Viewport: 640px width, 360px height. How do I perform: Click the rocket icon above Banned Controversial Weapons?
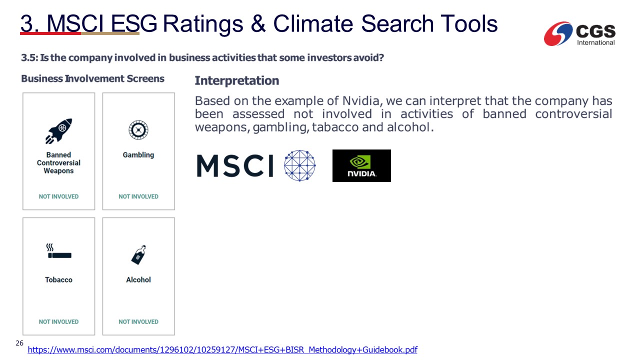(59, 131)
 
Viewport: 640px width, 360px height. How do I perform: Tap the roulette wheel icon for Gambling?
(138, 130)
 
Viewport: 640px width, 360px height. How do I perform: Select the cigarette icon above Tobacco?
(59, 251)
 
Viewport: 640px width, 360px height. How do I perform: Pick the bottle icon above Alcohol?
(139, 255)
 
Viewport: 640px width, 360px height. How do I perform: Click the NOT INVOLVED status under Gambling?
(138, 196)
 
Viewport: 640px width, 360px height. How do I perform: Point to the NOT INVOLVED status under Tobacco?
(58, 321)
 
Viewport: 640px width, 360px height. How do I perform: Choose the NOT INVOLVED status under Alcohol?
(138, 321)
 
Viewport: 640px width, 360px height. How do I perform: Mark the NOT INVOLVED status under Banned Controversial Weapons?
(58, 196)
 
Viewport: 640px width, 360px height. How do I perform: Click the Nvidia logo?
(361, 165)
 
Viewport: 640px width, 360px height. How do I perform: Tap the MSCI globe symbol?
(299, 165)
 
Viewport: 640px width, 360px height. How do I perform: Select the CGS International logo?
(579, 33)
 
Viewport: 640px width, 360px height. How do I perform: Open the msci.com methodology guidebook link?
(222, 349)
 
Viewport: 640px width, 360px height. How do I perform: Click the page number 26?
(19, 343)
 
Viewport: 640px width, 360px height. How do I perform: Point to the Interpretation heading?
(237, 80)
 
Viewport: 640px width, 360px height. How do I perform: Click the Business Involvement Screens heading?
(93, 78)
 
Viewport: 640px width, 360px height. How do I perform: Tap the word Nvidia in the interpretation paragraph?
(361, 101)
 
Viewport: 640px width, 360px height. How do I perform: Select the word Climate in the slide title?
(313, 23)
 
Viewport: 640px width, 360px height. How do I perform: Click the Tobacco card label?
(58, 279)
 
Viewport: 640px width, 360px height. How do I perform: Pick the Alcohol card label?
(138, 279)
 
